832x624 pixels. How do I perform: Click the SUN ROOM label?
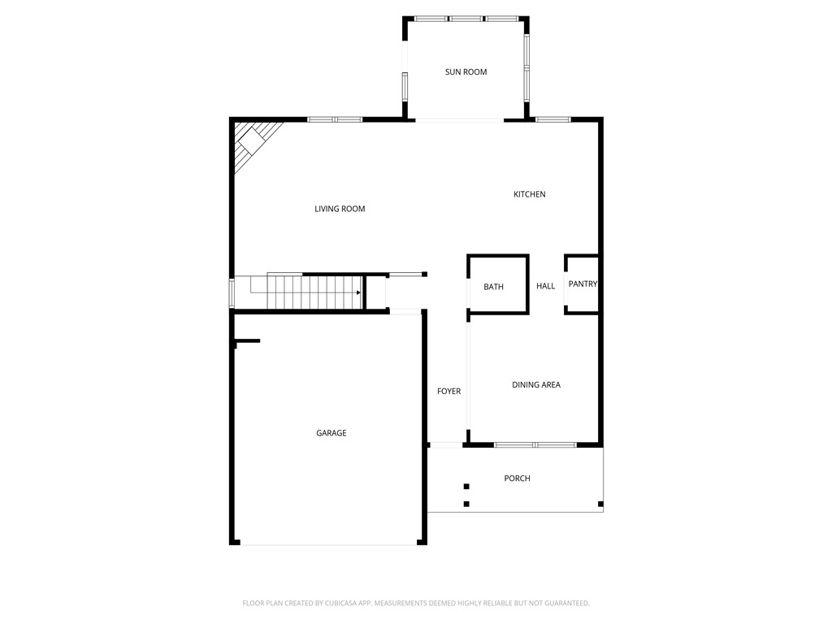466,72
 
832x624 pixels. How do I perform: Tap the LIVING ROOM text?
340,209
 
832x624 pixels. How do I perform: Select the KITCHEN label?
530,194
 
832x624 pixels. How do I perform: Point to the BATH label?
493,287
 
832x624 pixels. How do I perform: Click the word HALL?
545,286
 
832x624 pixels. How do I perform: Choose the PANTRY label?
583,284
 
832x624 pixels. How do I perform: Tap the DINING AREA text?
536,384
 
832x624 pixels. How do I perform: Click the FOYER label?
448,391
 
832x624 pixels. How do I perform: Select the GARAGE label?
331,433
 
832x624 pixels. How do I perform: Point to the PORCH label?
517,478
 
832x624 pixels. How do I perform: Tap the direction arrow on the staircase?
358,292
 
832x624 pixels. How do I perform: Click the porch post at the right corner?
600,504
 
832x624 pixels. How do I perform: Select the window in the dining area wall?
535,444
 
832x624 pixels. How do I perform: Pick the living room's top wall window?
335,119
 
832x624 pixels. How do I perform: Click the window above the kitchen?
552,119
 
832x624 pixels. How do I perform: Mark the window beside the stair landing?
232,292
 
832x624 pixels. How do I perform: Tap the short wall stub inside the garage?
247,341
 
